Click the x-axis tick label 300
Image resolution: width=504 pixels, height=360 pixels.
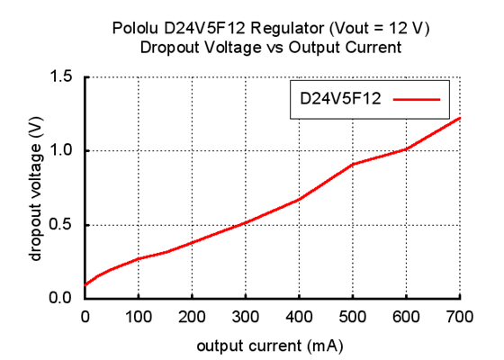[x=246, y=317]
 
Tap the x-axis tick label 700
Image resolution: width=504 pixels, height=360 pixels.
[x=460, y=317]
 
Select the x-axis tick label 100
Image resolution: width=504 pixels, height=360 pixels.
[x=139, y=317]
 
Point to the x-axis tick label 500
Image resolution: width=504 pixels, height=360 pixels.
[x=353, y=317]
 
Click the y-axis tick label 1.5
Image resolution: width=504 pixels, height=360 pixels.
[x=62, y=77]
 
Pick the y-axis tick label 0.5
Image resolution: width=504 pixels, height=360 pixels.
[x=62, y=225]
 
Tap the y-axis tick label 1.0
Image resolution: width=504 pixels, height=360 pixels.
[x=62, y=151]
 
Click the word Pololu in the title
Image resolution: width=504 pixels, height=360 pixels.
[x=137, y=29]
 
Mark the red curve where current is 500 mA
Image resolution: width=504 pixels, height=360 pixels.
[x=353, y=165]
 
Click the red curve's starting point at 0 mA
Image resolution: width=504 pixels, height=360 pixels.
[x=85, y=285]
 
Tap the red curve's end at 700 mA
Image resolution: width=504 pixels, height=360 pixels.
[x=460, y=118]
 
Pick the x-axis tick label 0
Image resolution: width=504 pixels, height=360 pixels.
[x=85, y=317]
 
